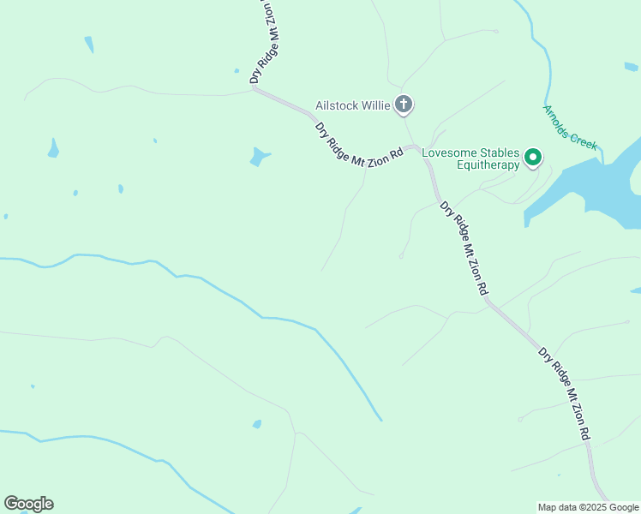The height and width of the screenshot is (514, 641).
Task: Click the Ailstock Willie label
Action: pyautogui.click(x=351, y=105)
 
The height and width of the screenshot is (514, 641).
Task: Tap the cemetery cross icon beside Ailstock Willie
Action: pyautogui.click(x=404, y=105)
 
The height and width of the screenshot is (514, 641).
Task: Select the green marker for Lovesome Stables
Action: pyautogui.click(x=533, y=157)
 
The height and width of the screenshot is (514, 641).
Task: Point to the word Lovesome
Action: pyautogui.click(x=451, y=152)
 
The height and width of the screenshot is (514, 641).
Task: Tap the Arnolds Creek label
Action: pyautogui.click(x=570, y=128)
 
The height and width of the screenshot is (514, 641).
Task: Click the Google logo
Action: pyautogui.click(x=28, y=504)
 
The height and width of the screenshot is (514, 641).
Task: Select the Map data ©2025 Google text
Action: pyautogui.click(x=589, y=507)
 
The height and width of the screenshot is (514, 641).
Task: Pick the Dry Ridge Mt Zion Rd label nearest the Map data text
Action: pyautogui.click(x=564, y=393)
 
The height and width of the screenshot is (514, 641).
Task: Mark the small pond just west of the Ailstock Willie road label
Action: pyautogui.click(x=258, y=158)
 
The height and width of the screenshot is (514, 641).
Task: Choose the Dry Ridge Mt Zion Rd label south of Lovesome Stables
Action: pyautogui.click(x=464, y=249)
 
